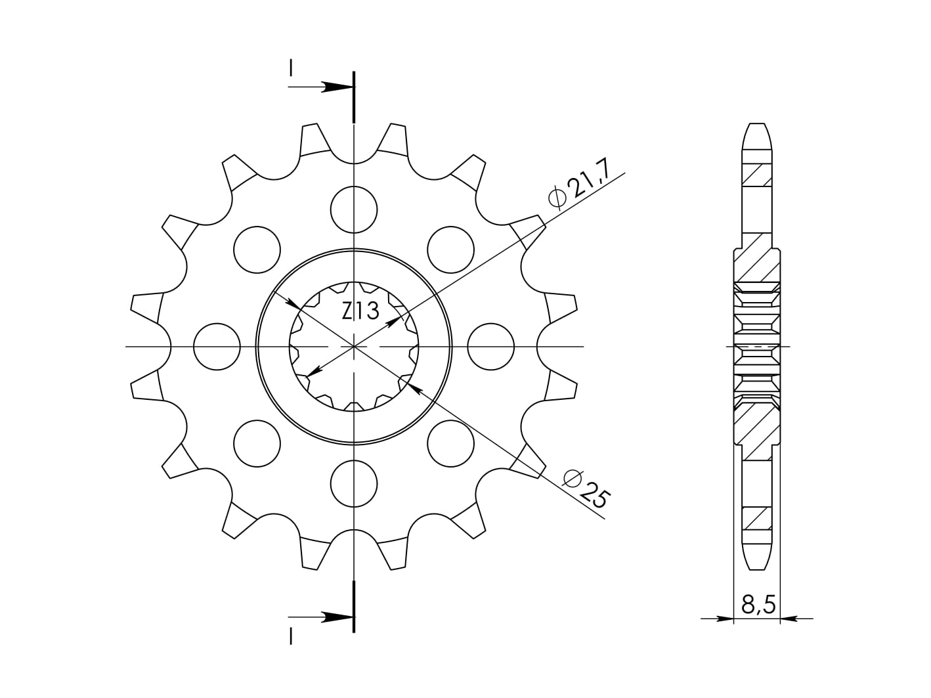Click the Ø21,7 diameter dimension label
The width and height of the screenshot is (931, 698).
point(579,186)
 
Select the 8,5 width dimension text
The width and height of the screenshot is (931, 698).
point(758,605)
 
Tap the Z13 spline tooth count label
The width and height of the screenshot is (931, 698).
point(360,312)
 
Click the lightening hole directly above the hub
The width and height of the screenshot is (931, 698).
point(354,209)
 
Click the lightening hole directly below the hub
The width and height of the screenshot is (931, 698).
point(354,483)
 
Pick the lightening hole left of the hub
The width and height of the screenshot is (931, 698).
point(217,347)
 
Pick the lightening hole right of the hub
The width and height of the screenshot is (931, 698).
point(490,347)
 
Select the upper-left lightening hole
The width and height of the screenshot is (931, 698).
point(257,250)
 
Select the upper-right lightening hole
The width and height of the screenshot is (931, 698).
point(450,250)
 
